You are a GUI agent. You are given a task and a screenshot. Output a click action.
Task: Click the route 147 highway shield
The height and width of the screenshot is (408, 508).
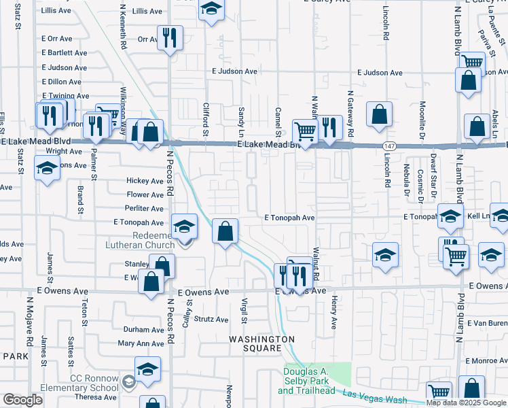tap(386, 146)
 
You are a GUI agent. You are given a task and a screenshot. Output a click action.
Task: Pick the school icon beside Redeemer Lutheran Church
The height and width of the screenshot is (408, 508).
tap(183, 226)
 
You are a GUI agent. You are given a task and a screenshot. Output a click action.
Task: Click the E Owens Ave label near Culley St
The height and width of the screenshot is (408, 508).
tap(203, 292)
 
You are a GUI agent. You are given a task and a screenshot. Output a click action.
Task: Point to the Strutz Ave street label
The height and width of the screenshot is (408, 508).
tap(211, 319)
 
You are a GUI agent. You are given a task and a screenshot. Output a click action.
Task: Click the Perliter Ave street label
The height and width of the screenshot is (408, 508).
tap(145, 209)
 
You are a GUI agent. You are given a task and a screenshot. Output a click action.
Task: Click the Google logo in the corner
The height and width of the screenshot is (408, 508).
tap(22, 400)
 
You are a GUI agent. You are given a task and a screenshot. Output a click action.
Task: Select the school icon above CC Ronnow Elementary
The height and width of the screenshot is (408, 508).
tap(147, 369)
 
